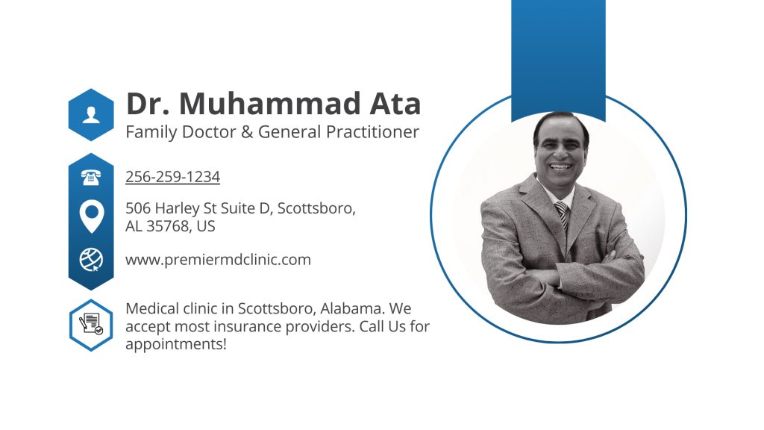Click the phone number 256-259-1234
point(172,177)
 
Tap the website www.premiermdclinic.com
point(218,260)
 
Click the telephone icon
point(91,177)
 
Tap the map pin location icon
point(91,216)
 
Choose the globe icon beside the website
point(91,259)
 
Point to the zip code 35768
point(169,226)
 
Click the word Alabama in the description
point(351,308)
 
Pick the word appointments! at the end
point(176,344)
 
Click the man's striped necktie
point(561,217)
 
